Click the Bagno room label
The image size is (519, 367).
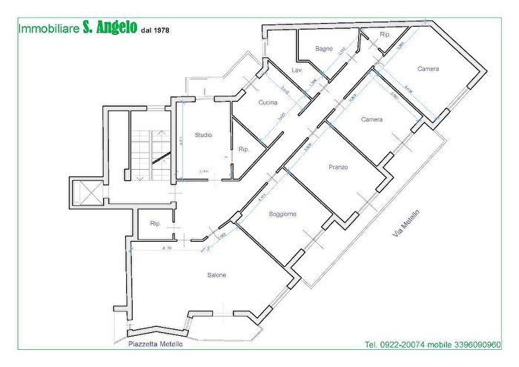323,49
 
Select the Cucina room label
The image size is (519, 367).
268,102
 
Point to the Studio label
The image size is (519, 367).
203,135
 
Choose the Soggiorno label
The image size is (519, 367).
282,214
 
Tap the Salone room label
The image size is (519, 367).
216,276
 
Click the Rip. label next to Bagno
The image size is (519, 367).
385,35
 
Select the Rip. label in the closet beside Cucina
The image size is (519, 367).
243,150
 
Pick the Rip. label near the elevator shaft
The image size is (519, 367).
155,223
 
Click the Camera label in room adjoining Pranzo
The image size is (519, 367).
371,120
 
